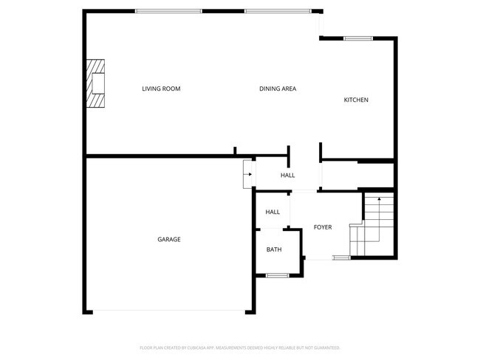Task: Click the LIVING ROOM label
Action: pyautogui.click(x=161, y=89)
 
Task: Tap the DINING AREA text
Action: pyautogui.click(x=278, y=89)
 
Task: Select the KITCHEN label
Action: pyautogui.click(x=356, y=100)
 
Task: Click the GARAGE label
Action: pyautogui.click(x=168, y=240)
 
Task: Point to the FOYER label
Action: pyautogui.click(x=323, y=227)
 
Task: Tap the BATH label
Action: pyautogui.click(x=274, y=250)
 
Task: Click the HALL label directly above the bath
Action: pyautogui.click(x=272, y=212)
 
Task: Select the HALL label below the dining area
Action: pyautogui.click(x=287, y=176)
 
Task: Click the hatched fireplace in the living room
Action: pyautogui.click(x=96, y=84)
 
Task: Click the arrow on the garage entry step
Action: pyautogui.click(x=247, y=175)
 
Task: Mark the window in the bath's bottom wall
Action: pyautogui.click(x=277, y=276)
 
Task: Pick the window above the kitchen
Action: pyautogui.click(x=358, y=38)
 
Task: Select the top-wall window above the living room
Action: pyautogui.click(x=168, y=11)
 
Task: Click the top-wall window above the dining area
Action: pyautogui.click(x=278, y=11)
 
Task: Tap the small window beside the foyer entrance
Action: pyautogui.click(x=341, y=257)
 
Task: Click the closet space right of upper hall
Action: pyautogui.click(x=358, y=176)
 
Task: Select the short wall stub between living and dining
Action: pyautogui.click(x=235, y=151)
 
